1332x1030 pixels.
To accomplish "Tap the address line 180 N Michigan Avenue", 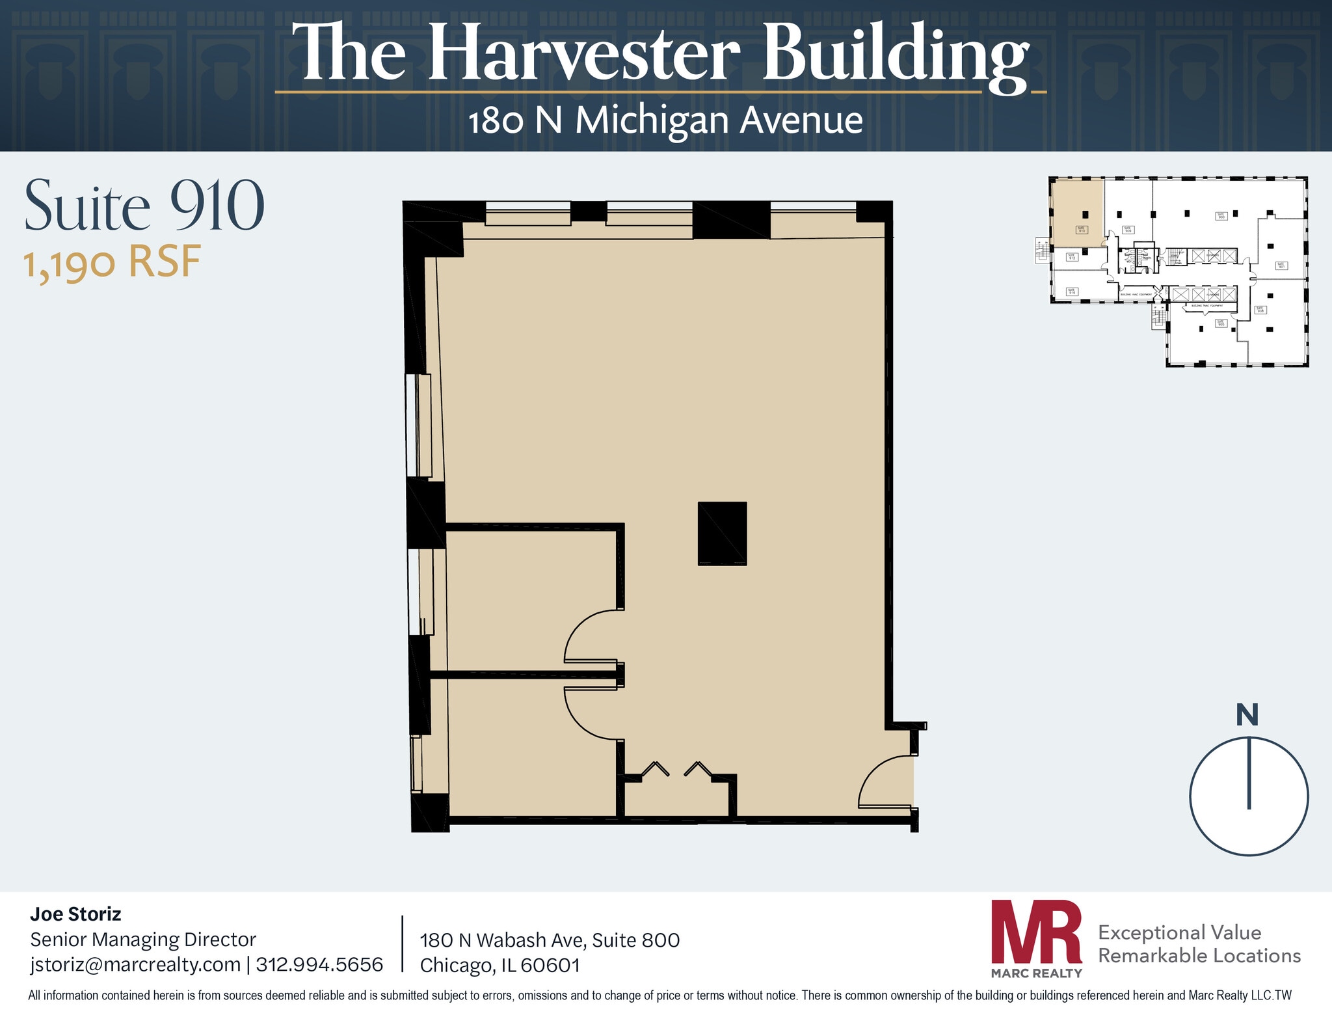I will coord(665,121).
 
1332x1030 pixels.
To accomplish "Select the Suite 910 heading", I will coord(144,206).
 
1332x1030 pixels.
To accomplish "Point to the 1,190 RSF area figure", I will coord(112,262).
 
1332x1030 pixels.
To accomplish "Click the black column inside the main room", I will coord(722,534).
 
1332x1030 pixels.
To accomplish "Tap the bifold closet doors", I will coord(676,770).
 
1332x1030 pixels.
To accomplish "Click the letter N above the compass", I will coord(1247,715).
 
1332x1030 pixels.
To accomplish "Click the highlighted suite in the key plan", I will coord(1078,212).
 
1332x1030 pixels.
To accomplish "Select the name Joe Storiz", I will coord(75,914).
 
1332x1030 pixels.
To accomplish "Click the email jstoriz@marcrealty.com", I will coord(135,964).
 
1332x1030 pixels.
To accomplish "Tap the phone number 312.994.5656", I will coord(319,964).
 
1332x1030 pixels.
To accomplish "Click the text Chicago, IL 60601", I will coord(499,966).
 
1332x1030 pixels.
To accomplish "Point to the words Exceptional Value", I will coord(1179,932).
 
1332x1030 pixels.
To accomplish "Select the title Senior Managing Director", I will coord(143,940).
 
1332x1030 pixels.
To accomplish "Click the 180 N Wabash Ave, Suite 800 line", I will coord(550,940).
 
